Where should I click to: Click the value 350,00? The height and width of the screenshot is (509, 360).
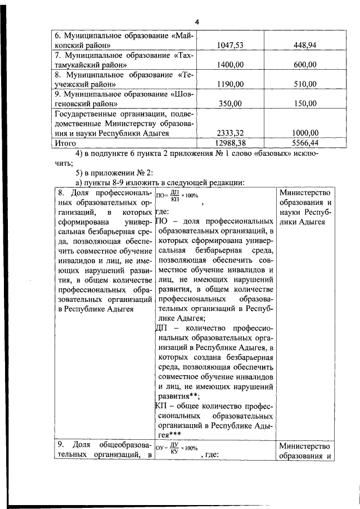(229, 103)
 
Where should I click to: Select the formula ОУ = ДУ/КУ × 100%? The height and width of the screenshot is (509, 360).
(177, 448)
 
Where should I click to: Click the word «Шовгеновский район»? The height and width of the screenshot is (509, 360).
(90, 103)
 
